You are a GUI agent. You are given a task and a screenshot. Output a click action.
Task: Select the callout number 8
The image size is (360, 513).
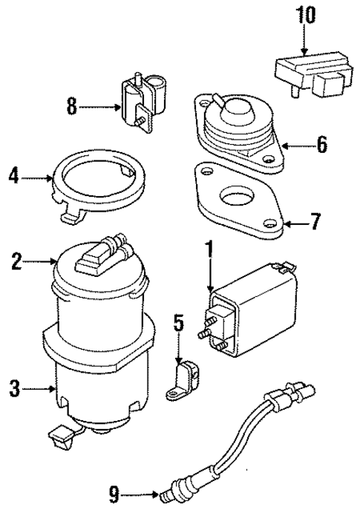click(x=71, y=107)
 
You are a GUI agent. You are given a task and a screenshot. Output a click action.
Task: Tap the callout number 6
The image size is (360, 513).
click(x=321, y=145)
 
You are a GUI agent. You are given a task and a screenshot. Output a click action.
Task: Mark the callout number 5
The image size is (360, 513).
click(x=177, y=324)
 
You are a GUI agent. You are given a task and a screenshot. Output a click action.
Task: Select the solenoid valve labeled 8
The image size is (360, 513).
click(x=141, y=107)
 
